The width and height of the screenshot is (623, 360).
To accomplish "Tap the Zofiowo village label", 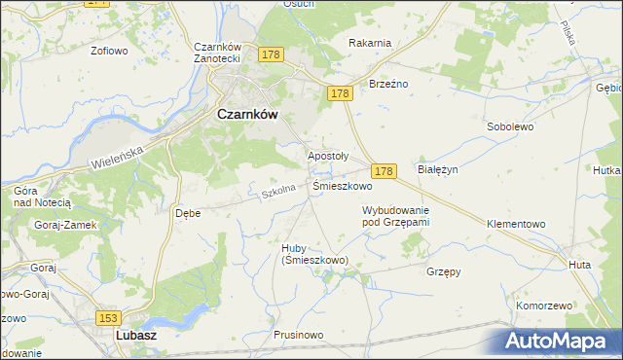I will [x=110, y=50].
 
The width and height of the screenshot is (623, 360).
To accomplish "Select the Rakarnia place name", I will [x=370, y=42].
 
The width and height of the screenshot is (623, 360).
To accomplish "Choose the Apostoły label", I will [x=328, y=155].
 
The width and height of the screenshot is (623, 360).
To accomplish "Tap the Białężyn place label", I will [x=437, y=168].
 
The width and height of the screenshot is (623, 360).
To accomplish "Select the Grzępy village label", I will [x=443, y=271].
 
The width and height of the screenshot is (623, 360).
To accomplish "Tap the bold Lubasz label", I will [x=136, y=335].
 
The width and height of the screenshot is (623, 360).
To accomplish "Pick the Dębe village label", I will [x=187, y=212].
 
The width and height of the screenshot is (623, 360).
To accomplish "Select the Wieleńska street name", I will [x=115, y=154].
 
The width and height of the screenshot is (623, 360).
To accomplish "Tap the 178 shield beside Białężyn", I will [x=385, y=170].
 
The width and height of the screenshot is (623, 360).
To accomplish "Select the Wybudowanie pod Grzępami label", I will [x=395, y=216].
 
